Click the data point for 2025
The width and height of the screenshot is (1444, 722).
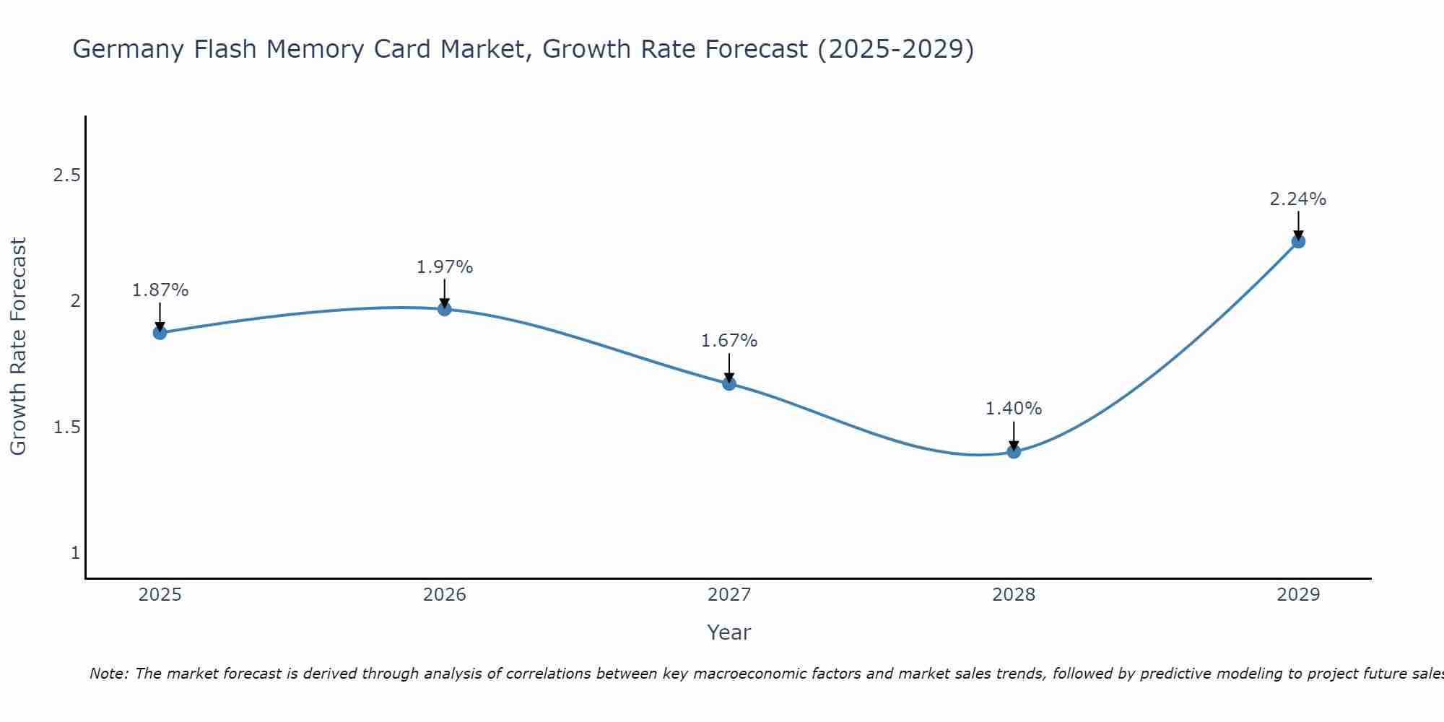point(160,332)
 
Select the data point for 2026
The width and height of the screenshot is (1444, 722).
point(445,309)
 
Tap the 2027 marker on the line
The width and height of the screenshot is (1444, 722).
point(729,383)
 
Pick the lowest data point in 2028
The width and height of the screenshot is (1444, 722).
point(1014,451)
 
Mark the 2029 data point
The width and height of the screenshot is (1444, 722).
point(1298,241)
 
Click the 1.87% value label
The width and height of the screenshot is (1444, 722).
point(160,290)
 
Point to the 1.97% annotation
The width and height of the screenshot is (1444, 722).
point(445,267)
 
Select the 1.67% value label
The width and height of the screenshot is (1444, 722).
point(729,341)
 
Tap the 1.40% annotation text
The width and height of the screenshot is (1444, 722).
point(1014,409)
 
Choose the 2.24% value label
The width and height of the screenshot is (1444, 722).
point(1298,199)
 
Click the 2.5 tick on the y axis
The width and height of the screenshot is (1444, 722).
point(66,175)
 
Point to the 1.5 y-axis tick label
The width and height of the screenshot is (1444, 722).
point(66,427)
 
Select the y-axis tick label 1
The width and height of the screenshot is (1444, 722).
point(75,553)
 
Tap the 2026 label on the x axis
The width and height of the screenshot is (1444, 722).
point(445,595)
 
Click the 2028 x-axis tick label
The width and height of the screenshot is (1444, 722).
point(1014,595)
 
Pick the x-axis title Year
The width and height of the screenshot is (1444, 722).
point(729,632)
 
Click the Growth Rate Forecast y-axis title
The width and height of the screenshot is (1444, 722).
point(19,347)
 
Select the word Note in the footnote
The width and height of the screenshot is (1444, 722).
point(108,674)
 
